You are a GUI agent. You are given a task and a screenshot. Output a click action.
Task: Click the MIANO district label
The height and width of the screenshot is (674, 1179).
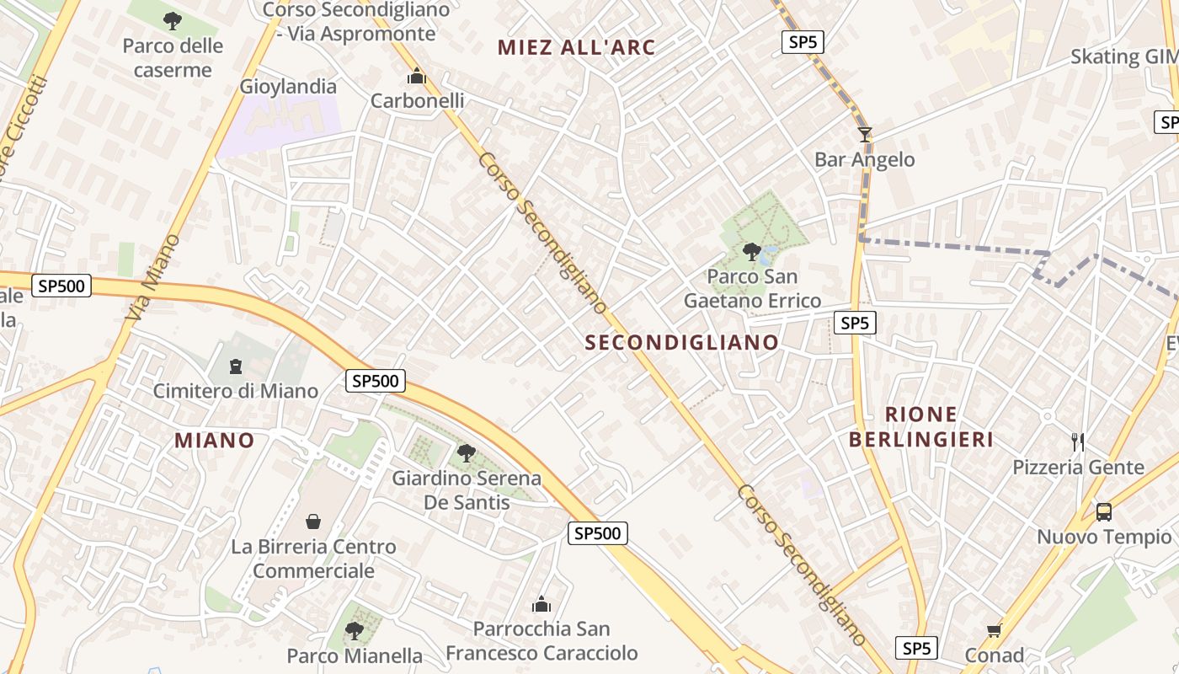[x=214, y=440]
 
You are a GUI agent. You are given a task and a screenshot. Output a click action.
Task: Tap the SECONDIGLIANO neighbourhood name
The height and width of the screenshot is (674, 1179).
[x=682, y=342]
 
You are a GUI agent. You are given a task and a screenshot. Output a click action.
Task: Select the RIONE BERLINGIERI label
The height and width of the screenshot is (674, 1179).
[x=921, y=426]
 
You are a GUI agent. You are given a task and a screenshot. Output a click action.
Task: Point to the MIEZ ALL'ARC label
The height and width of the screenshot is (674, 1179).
[x=576, y=47]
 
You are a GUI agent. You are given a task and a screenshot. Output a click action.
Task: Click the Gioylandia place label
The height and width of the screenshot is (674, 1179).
[x=288, y=87]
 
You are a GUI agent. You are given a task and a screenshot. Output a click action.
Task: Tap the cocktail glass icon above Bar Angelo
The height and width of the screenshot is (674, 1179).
[x=864, y=134]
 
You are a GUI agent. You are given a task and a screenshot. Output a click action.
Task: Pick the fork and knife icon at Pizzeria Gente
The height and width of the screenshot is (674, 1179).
[x=1077, y=441]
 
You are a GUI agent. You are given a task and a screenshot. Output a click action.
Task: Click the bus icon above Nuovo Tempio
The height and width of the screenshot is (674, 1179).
[x=1103, y=511]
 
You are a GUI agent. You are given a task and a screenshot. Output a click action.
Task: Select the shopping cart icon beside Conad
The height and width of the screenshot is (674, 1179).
[x=995, y=630]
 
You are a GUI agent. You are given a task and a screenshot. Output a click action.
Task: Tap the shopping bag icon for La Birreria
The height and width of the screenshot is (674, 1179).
[x=313, y=522]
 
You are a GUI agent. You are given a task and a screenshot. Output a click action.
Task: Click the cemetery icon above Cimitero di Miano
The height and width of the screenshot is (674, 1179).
[x=235, y=366]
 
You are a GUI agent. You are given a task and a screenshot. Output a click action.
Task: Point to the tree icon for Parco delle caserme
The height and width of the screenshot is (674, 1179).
[x=173, y=20]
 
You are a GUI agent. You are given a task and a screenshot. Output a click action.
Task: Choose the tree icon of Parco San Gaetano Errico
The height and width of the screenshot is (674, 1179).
[x=751, y=251]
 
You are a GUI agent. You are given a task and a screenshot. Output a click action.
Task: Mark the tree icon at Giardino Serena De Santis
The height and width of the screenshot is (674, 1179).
[x=466, y=453]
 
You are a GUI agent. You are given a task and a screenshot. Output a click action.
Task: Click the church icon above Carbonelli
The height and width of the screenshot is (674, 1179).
[x=416, y=77]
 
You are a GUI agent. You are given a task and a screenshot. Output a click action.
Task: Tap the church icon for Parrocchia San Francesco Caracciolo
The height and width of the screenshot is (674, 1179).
[x=541, y=604]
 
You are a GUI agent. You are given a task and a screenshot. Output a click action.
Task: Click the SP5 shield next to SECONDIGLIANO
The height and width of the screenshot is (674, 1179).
[x=854, y=323]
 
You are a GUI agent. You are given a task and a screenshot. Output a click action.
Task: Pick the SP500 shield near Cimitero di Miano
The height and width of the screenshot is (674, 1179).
[x=376, y=381]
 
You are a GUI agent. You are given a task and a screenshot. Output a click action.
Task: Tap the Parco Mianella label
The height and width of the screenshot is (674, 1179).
[x=355, y=655]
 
